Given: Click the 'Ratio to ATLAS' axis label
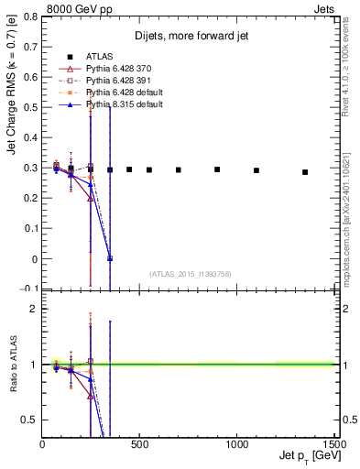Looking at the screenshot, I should [x=13, y=366].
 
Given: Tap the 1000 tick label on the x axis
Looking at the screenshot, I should [x=238, y=443].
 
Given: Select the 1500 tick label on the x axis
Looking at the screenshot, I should [x=334, y=443].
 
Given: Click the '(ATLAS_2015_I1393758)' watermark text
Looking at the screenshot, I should [x=191, y=273].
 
